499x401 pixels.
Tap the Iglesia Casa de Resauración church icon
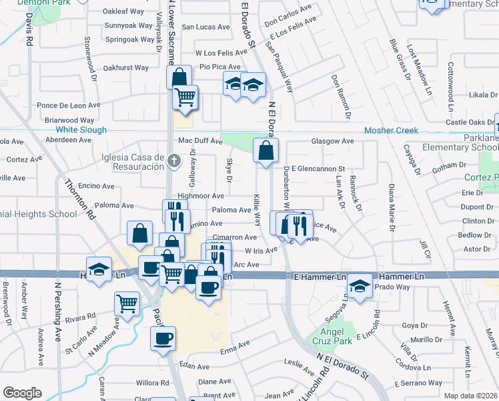pos(173,160)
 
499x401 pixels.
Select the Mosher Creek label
pos(390,130)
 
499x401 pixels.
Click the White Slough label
pos(81,130)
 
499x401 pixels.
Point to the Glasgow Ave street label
pos(332,142)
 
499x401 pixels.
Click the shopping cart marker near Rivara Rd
pos(126,303)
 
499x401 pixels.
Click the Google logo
pos(22,393)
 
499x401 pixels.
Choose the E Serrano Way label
pos(418,383)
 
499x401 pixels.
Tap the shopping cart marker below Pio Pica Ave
pos(185,97)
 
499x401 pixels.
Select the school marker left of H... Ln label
pos(99,271)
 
